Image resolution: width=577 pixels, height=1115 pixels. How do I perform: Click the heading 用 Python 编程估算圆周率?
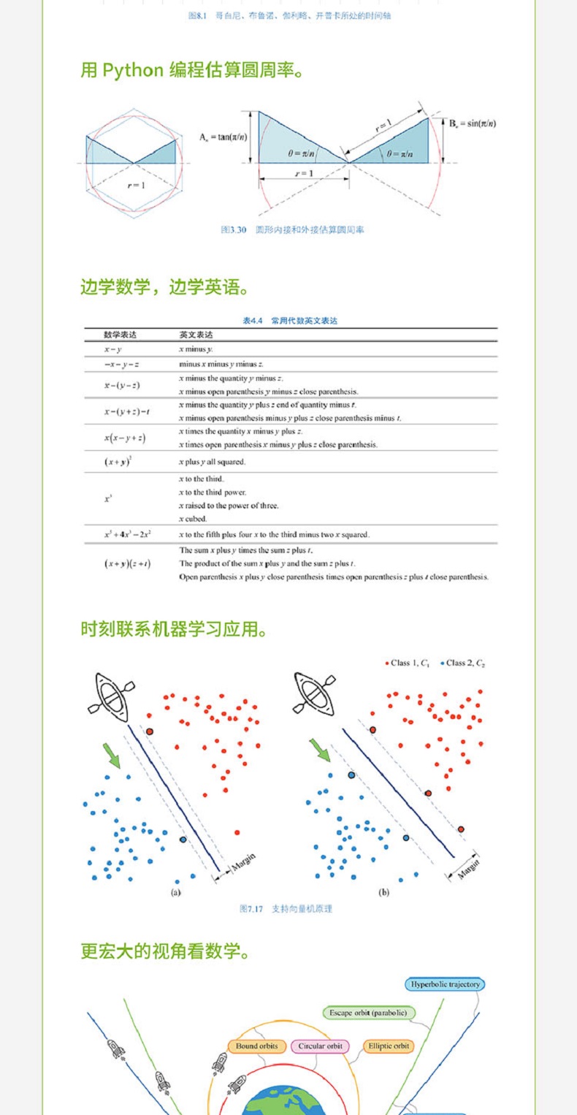tap(191, 71)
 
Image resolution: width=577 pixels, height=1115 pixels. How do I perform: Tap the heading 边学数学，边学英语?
tap(165, 287)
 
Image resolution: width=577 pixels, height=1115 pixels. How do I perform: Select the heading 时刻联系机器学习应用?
tap(174, 628)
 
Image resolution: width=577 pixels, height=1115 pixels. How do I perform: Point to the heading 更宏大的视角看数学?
tap(165, 951)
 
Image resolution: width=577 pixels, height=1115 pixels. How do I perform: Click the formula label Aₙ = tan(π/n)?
tap(223, 137)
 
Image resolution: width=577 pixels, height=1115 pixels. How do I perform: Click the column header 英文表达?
tap(196, 335)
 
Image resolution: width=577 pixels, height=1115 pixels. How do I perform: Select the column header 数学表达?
tap(120, 335)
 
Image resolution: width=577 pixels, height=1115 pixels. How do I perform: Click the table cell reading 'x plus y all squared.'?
tap(212, 462)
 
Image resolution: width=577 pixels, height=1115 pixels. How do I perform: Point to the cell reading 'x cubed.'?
tap(194, 518)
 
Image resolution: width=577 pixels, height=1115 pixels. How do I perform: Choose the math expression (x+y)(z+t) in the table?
tap(128, 563)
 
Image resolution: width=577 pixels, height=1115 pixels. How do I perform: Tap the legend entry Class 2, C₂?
tap(463, 663)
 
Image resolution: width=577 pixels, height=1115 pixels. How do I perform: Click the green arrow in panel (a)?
tap(112, 756)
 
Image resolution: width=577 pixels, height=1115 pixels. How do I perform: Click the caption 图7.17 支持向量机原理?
tap(286, 908)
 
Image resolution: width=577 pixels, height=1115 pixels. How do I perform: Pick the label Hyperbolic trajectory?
tap(445, 984)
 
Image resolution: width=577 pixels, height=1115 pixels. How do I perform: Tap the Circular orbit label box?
tap(320, 1046)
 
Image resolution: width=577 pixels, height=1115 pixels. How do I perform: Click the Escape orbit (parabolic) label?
tap(368, 1013)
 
